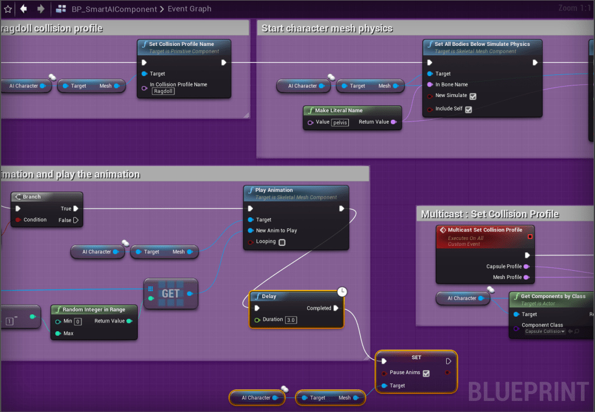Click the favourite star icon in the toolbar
[x=8, y=9]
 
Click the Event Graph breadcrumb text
[x=189, y=9]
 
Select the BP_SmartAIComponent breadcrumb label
[x=114, y=9]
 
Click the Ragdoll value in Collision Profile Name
[x=163, y=91]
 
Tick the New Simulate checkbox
[x=473, y=96]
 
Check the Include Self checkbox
[x=469, y=109]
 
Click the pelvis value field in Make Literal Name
[x=339, y=122]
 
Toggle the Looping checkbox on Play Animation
[x=282, y=242]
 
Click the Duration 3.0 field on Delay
[x=291, y=320]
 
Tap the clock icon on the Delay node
[x=342, y=291]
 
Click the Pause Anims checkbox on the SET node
[x=426, y=373]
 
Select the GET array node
[x=170, y=293]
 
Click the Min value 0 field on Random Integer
[x=78, y=321]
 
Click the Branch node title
[x=31, y=196]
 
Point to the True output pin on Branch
[x=76, y=209]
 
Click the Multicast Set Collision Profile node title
[x=484, y=230]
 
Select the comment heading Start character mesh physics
[x=327, y=28]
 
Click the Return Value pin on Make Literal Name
[x=394, y=122]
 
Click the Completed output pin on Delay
[x=336, y=308]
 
